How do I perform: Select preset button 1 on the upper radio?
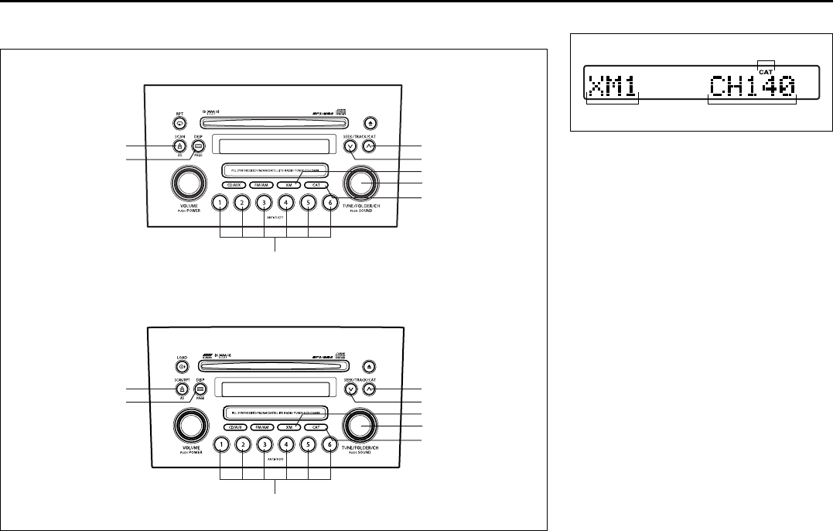[x=220, y=204]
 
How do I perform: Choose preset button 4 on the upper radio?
[x=286, y=204]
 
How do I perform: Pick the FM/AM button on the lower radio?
[x=261, y=427]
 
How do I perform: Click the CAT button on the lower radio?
[x=315, y=427]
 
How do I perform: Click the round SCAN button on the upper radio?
[x=179, y=146]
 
